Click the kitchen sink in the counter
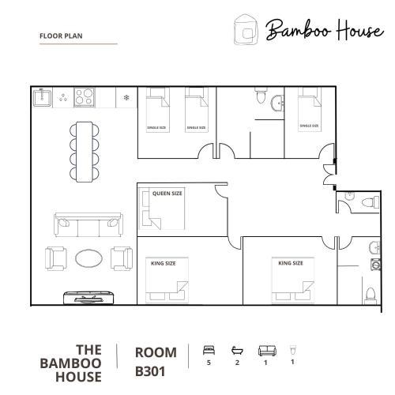[42, 97]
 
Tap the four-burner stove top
[85, 97]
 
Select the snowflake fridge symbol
[126, 98]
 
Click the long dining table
[85, 152]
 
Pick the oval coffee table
[88, 258]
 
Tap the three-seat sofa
[88, 225]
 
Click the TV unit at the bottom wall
[88, 298]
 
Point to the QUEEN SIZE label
[167, 194]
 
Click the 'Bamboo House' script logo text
[325, 30]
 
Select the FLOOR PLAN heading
[61, 36]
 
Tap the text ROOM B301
[156, 362]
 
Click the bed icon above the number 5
[209, 350]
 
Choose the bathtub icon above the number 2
[237, 351]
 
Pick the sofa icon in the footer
[267, 351]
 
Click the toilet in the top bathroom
[261, 96]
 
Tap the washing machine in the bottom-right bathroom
[376, 265]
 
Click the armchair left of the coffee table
[56, 258]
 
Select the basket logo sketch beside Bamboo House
[246, 30]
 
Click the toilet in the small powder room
[371, 203]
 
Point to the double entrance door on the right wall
[329, 175]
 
